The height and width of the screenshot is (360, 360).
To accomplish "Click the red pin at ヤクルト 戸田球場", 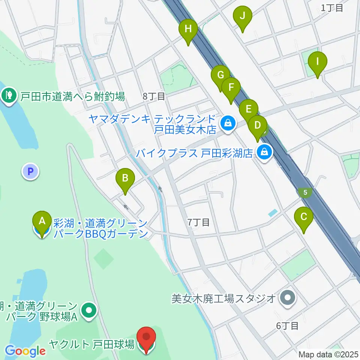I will (146, 339).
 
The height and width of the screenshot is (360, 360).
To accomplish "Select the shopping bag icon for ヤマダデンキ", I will (227, 123).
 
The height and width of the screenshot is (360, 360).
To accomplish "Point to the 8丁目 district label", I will (154, 96).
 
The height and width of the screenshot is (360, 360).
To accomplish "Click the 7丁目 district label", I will (198, 222).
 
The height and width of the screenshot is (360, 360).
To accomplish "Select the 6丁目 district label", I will (287, 326).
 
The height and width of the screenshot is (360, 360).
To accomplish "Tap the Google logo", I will (25, 351).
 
